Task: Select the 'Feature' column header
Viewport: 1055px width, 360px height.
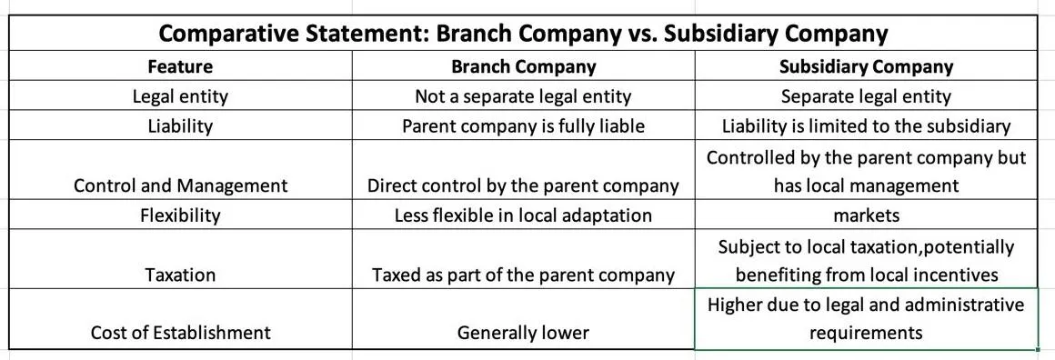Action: point(180,66)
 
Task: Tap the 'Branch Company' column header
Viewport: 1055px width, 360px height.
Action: point(523,66)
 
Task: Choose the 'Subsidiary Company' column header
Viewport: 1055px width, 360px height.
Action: point(866,66)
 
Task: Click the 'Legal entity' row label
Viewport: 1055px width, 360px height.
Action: point(180,96)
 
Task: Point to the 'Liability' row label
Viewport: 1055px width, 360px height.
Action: point(180,125)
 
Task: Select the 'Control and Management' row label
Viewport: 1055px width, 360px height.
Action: point(180,185)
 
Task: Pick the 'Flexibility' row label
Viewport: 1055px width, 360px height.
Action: point(180,215)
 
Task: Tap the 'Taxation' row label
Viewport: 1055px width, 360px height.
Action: point(180,275)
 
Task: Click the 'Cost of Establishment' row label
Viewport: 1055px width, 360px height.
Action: point(180,333)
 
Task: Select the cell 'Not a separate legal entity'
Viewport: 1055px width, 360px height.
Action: point(523,96)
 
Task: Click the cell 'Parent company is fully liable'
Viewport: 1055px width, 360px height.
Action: point(523,125)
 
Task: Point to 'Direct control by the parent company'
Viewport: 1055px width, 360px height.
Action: point(523,185)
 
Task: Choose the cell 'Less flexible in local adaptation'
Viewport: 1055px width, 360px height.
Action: point(523,215)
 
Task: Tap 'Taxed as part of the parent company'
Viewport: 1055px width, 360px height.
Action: point(523,275)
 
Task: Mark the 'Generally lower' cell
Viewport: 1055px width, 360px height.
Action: point(523,333)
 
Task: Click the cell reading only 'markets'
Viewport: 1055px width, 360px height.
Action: point(866,215)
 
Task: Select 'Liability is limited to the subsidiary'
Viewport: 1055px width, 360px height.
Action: point(866,125)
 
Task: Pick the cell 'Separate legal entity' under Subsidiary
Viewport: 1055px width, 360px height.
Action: point(866,96)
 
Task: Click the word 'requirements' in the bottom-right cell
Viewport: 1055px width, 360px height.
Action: point(866,333)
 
